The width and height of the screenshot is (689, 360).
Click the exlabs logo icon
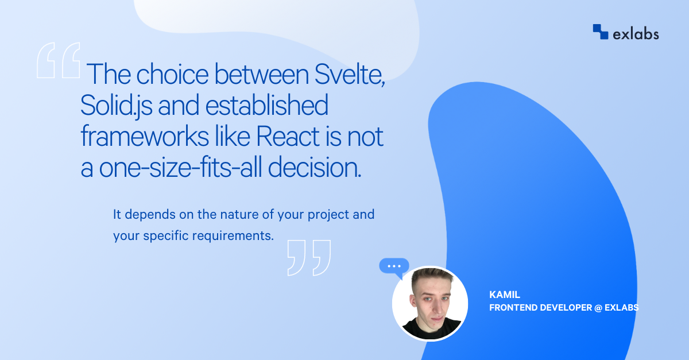point(601,32)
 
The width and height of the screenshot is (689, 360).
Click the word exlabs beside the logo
point(636,34)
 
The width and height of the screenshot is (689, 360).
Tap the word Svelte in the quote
point(350,74)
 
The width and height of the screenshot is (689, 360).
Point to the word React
point(288,136)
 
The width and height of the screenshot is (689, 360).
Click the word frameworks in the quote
point(145,136)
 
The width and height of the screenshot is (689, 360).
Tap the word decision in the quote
point(315,168)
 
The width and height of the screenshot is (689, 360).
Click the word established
point(266,105)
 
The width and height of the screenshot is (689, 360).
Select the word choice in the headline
point(172,74)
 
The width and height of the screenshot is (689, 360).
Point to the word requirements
point(233,236)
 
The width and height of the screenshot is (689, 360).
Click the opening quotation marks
point(59,60)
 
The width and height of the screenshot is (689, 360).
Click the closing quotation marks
point(309,258)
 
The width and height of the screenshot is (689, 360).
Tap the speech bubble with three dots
point(394,266)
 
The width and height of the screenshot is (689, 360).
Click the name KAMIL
point(505,295)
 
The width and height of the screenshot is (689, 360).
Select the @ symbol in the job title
point(598,308)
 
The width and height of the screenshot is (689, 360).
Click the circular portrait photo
point(430,304)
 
